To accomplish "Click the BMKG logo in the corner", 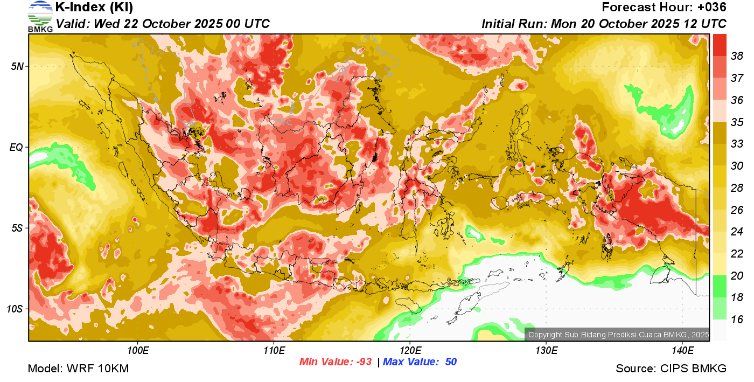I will coord(40,16).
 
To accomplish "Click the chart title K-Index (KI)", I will coord(94,8).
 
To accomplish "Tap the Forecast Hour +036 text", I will coord(664,8).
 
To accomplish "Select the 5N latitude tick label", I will coord(17,66).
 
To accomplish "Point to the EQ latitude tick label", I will coord(17,147).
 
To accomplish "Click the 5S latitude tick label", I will coord(17,228).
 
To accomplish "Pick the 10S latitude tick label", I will coord(15,309).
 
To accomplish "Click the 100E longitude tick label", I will coord(138,351).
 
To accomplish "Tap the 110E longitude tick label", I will coord(274,351).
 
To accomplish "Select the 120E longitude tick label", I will coord(410,351).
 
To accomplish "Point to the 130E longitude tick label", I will coord(546,351).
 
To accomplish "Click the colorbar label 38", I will coord(737,55).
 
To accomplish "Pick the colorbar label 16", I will coord(737,320).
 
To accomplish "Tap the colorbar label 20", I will coord(737,276).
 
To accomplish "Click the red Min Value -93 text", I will coord(336,362).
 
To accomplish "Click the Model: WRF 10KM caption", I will coord(78,369).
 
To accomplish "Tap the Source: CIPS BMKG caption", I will coord(671,369).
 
